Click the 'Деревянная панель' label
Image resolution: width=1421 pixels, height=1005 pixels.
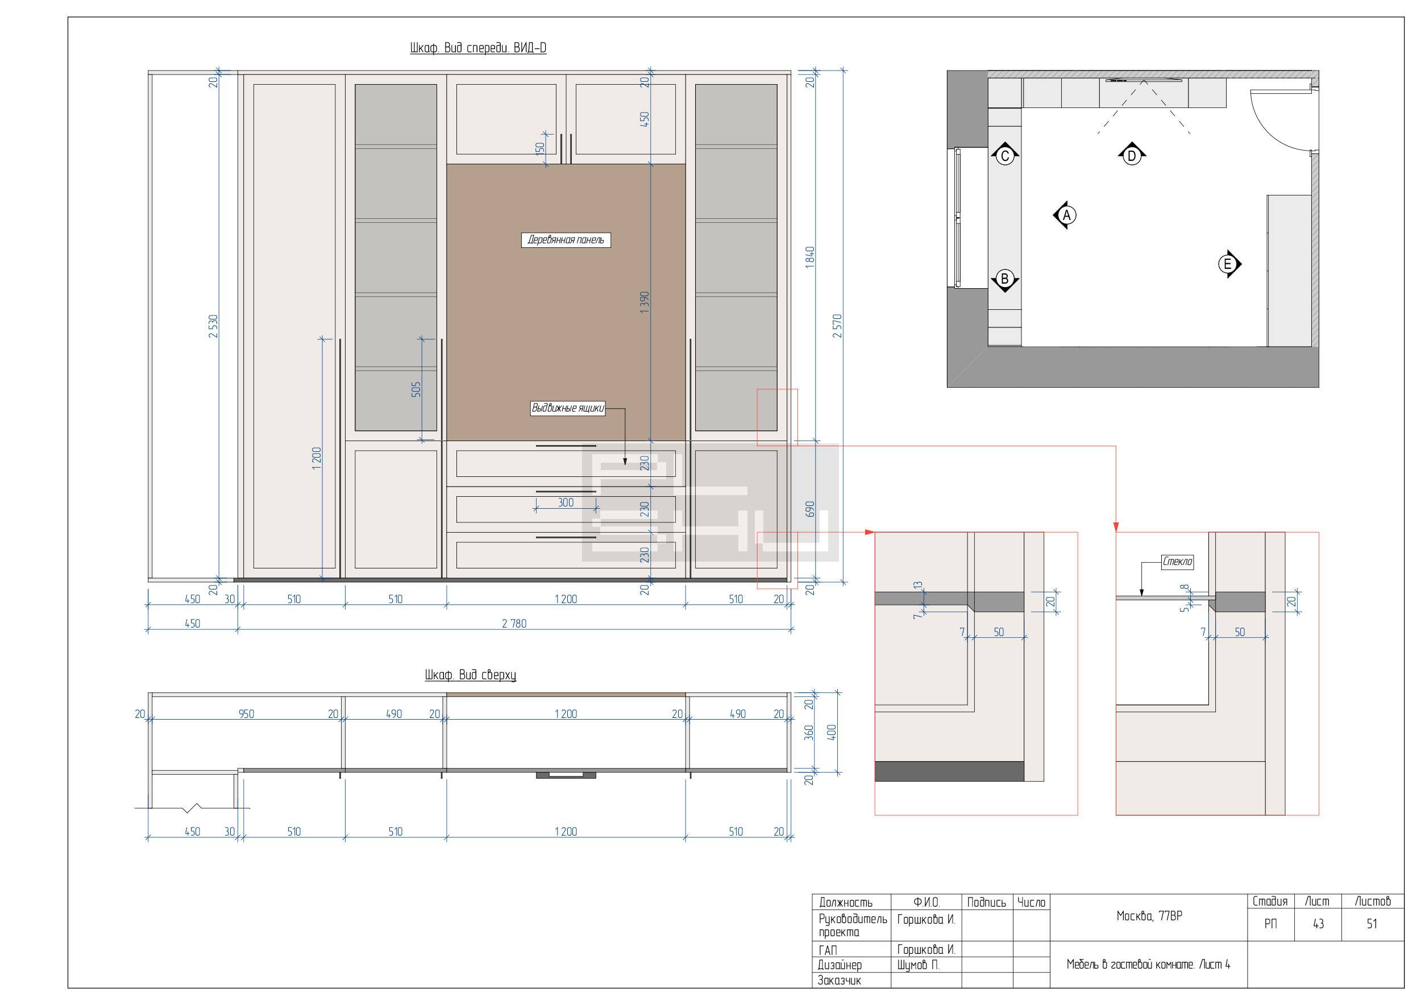point(566,240)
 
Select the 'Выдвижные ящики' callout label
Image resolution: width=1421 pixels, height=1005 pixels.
point(567,409)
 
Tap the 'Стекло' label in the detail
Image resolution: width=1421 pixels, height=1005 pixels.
point(1177,562)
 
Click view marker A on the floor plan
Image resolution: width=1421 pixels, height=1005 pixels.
point(1066,215)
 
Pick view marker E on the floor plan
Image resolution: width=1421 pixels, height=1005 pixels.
point(1228,264)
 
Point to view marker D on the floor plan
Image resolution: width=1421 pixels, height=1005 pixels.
point(1132,155)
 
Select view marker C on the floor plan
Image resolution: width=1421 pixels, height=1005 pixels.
point(1005,155)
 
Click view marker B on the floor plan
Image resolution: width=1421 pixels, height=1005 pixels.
point(1005,280)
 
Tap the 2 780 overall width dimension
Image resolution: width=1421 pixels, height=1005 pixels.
point(514,623)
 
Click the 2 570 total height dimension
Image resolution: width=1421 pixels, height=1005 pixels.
point(837,326)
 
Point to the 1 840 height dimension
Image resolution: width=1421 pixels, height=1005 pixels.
point(809,258)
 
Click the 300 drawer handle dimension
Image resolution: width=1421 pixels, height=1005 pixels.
point(566,502)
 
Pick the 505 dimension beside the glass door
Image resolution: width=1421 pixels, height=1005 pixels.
point(416,389)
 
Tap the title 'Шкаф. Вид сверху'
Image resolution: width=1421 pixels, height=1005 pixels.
point(471,675)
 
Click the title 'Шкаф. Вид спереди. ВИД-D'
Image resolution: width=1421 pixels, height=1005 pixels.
point(478,48)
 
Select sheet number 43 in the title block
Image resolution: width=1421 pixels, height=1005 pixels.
point(1318,924)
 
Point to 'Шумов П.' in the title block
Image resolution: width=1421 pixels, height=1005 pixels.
point(919,965)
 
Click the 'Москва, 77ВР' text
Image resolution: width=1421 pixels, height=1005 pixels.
point(1149,916)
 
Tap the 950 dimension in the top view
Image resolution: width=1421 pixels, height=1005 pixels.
point(246,713)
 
